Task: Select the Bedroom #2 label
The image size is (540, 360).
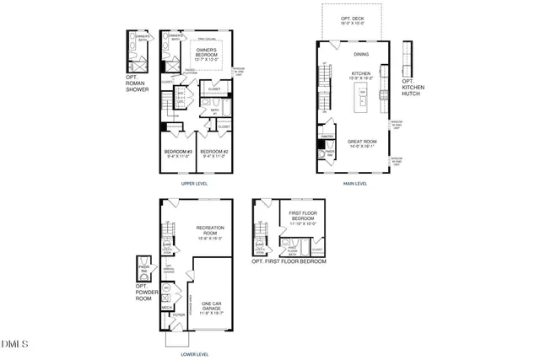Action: click(213, 153)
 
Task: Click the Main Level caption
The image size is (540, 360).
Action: click(354, 183)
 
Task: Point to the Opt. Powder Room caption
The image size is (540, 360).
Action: click(143, 292)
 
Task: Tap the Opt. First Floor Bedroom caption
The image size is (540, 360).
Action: click(289, 261)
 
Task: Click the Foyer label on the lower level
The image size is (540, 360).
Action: click(179, 315)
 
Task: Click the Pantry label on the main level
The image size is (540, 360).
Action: click(329, 135)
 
